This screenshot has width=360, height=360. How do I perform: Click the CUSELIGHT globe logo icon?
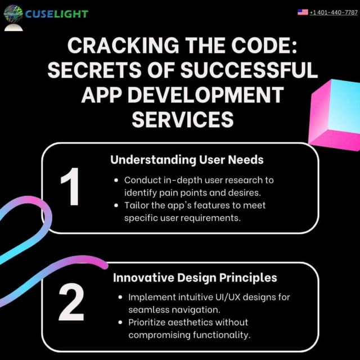click(x=13, y=14)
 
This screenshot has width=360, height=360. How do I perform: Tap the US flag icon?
click(x=303, y=12)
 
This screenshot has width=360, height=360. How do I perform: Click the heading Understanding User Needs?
click(x=187, y=160)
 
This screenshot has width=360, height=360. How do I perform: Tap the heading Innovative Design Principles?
click(x=195, y=278)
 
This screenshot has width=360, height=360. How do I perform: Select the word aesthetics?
click(x=191, y=322)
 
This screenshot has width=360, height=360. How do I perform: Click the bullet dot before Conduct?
click(x=116, y=181)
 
